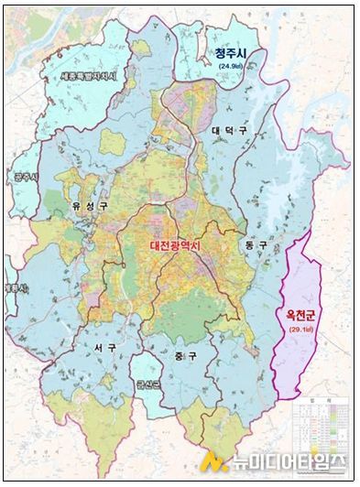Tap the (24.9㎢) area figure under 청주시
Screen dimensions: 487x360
click(232, 67)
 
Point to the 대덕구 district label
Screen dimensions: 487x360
click(229, 131)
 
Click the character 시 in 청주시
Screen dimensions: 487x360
click(249, 53)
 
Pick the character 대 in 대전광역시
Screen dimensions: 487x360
click(157, 246)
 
